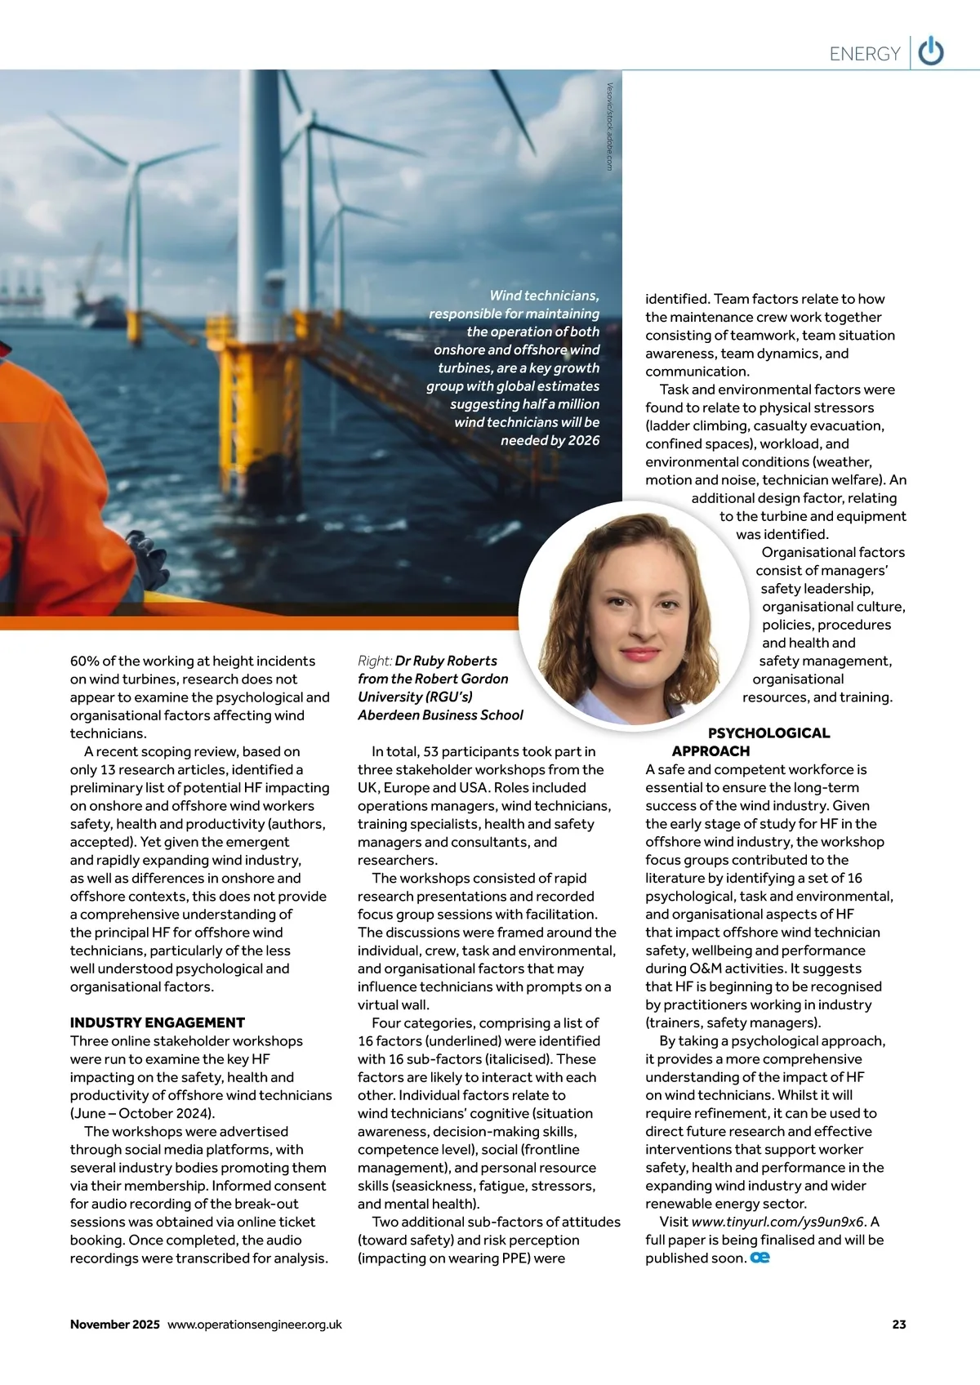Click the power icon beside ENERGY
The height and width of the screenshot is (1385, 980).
931,52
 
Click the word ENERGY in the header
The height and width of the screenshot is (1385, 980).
864,54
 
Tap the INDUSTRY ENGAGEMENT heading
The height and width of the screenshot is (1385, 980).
158,1022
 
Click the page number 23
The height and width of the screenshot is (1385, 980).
899,1325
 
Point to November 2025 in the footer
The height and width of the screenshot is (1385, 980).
115,1325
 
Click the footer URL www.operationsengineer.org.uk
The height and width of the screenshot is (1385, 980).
255,1325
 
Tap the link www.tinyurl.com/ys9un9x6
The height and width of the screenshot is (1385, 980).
777,1222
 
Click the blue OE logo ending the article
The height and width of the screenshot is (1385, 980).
760,1258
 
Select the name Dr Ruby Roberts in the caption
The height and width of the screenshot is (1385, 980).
446,661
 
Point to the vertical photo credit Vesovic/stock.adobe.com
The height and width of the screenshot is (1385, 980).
609,127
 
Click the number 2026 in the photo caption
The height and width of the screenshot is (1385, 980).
583,440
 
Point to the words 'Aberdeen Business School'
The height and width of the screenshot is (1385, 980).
440,715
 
